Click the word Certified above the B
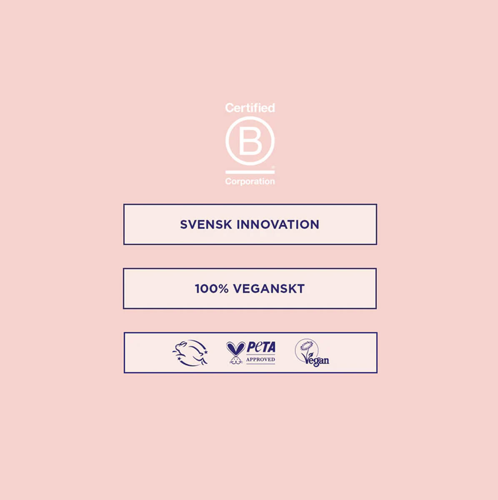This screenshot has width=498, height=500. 250,108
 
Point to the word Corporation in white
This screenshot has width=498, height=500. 250,182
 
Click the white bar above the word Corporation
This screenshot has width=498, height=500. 250,172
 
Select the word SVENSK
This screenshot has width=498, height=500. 206,225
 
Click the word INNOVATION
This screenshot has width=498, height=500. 278,225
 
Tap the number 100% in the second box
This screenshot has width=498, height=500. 212,289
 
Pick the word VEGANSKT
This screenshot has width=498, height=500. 269,289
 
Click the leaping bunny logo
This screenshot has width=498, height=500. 190,353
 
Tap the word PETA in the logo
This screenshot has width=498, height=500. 261,347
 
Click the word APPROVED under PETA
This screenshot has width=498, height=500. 260,360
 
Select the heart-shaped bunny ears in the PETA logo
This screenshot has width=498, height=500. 235,348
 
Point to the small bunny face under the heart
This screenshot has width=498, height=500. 235,360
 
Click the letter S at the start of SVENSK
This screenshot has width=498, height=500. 184,225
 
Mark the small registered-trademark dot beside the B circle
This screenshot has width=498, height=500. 273,167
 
